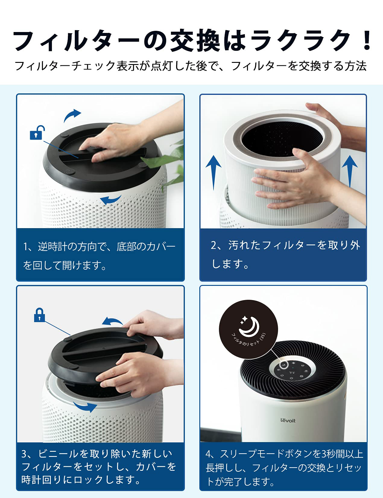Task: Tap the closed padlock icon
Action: click(x=39, y=315)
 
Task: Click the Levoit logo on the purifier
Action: click(x=288, y=420)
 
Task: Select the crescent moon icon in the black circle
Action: click(x=249, y=326)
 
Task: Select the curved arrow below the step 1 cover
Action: click(x=111, y=200)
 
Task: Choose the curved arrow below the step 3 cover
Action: click(x=85, y=406)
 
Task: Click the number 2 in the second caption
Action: click(x=214, y=245)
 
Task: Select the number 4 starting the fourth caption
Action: click(x=208, y=454)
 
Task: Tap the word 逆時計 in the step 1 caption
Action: click(x=52, y=247)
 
